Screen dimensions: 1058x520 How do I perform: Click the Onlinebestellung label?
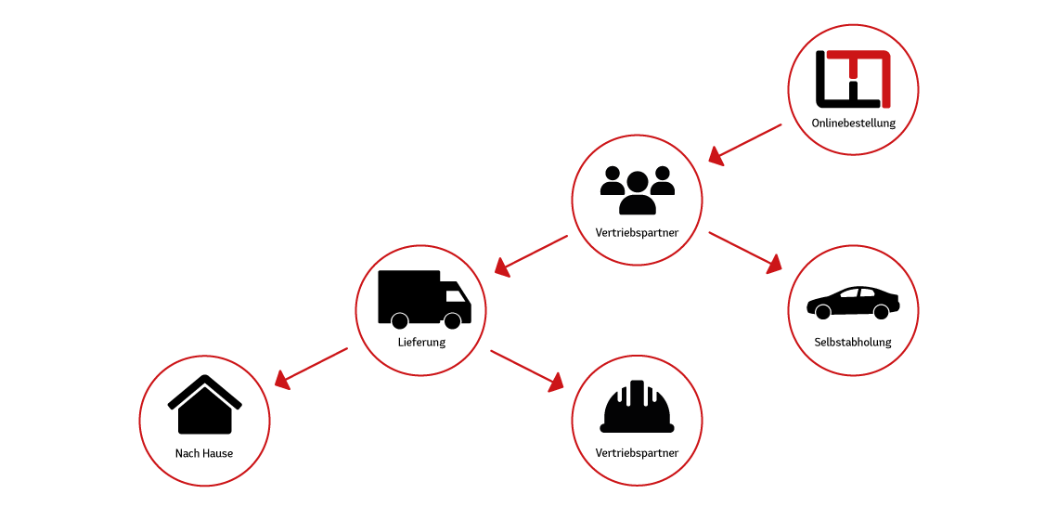point(853,123)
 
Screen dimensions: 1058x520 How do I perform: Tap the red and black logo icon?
point(853,79)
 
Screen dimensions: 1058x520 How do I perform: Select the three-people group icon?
point(637,189)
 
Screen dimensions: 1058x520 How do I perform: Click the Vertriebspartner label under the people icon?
point(637,233)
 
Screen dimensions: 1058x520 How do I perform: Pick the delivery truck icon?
point(424,299)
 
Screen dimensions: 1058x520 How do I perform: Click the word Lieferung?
point(421,343)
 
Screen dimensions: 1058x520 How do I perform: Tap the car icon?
point(853,302)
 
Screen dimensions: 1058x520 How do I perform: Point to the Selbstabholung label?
point(853,343)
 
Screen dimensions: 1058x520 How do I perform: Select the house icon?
point(204,404)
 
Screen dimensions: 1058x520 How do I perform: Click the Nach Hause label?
point(204,453)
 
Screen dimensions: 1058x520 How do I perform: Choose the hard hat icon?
point(637,407)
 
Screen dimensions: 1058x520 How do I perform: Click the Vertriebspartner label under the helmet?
point(637,452)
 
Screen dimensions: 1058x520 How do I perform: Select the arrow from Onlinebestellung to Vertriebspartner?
point(745,144)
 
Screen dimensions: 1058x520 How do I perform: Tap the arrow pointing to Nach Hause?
point(311,369)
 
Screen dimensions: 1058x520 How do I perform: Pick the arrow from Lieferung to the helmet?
point(527,370)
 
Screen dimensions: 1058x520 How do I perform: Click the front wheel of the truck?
point(452,320)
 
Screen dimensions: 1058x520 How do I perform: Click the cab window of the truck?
point(456,296)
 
